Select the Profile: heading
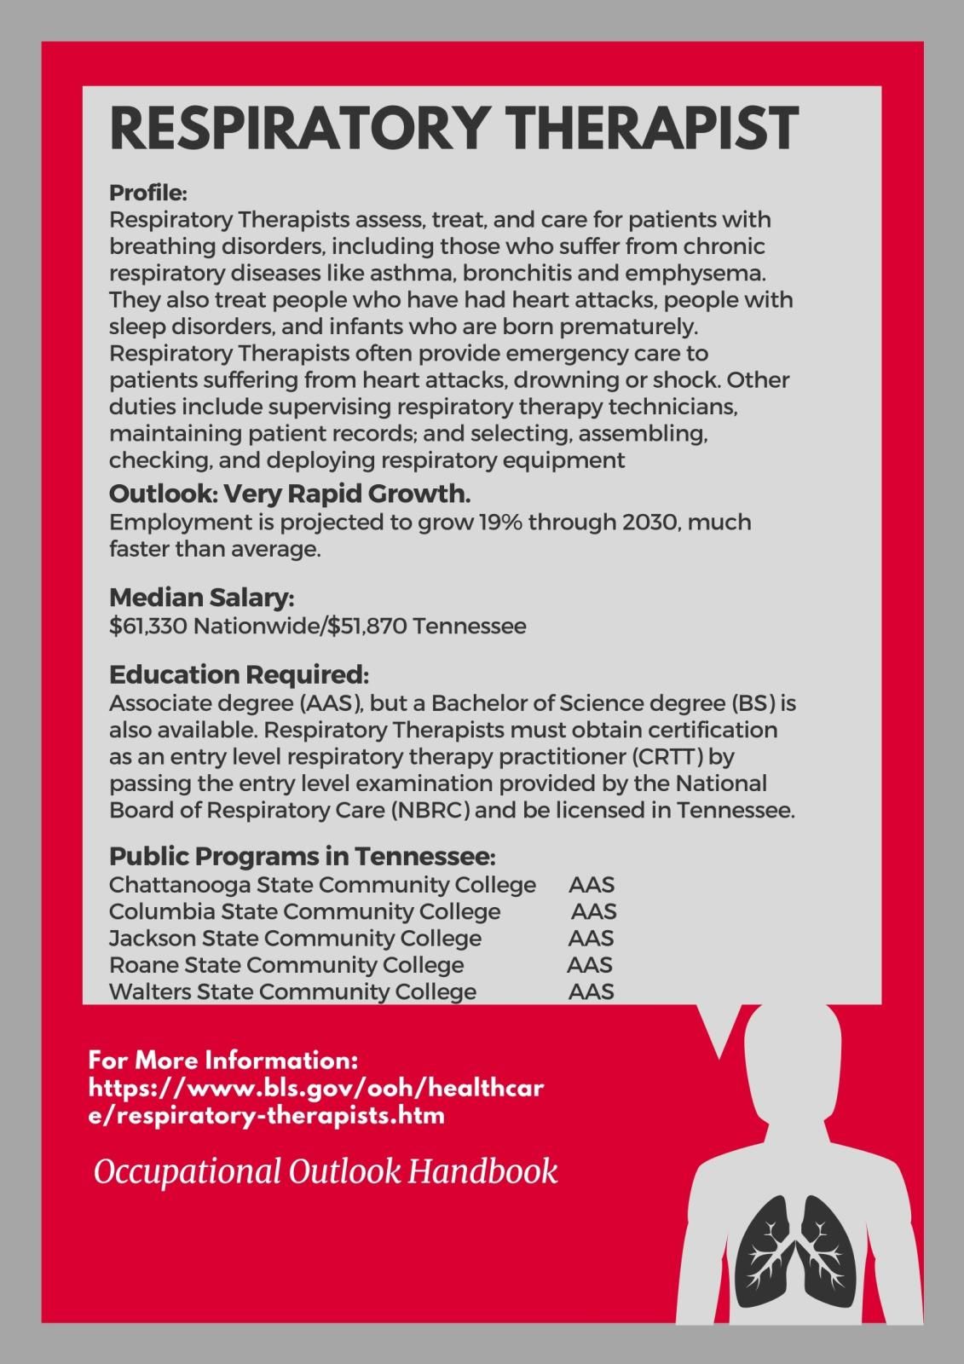(148, 193)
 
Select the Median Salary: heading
(202, 598)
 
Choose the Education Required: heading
(239, 675)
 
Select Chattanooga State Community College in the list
(322, 885)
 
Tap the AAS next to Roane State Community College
(590, 965)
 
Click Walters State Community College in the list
(292, 991)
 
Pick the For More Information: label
(222, 1061)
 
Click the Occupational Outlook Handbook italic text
(326, 1171)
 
